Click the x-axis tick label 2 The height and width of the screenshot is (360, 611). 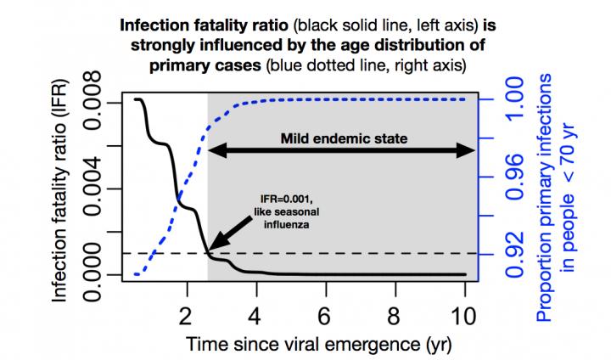[x=187, y=315]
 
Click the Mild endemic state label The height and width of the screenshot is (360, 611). [x=341, y=137]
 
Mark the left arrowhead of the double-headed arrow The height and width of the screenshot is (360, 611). [x=216, y=151]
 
